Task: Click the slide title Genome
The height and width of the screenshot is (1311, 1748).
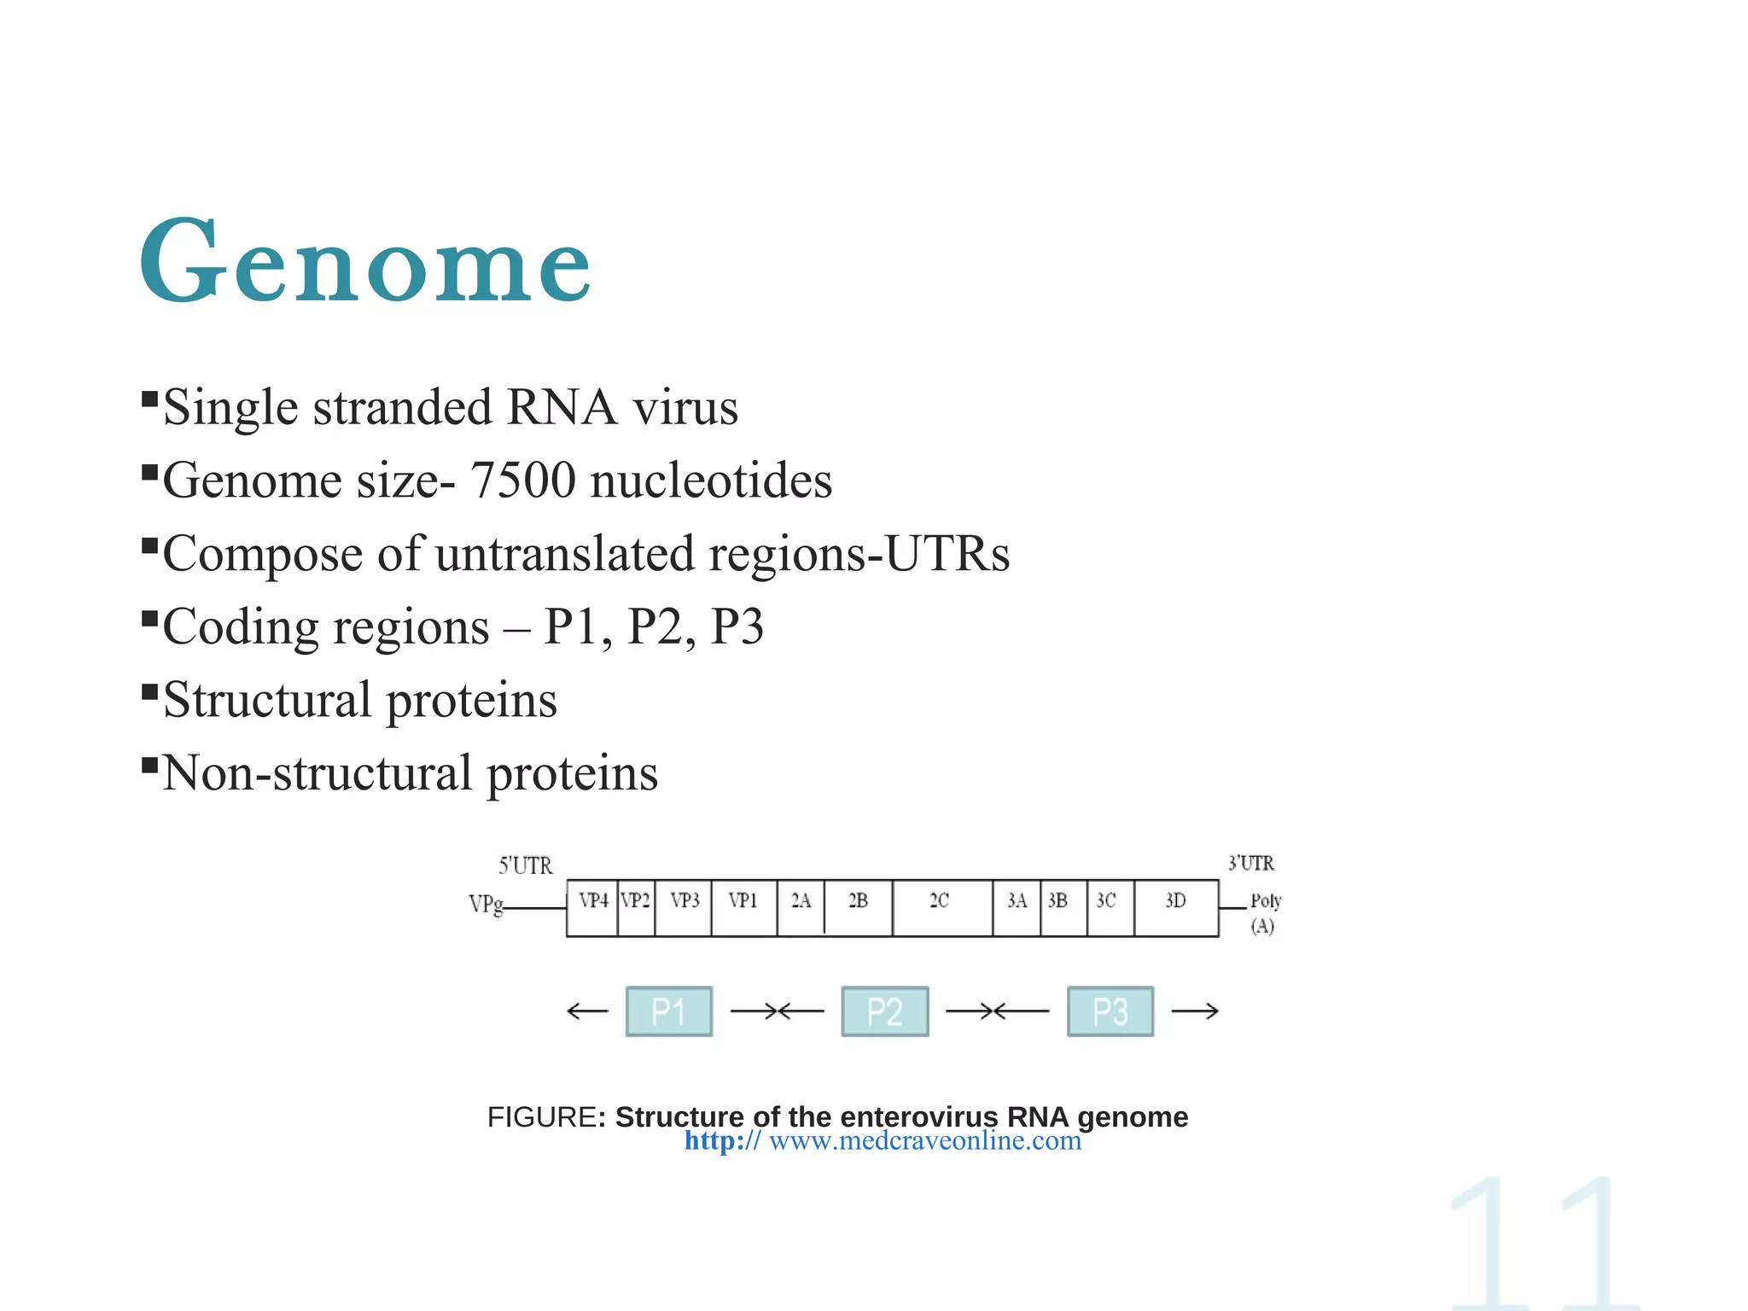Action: pyautogui.click(x=365, y=263)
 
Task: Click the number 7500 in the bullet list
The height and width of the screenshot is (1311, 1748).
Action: pyautogui.click(x=522, y=480)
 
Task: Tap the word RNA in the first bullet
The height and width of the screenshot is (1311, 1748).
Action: pyautogui.click(x=561, y=407)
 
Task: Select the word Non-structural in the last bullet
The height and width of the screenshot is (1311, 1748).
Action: pyautogui.click(x=317, y=773)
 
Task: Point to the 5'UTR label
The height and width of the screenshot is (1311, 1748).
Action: pyautogui.click(x=525, y=865)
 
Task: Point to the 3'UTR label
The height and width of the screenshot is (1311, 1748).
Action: pyautogui.click(x=1250, y=864)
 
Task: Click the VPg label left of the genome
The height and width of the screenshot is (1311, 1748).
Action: pyautogui.click(x=486, y=904)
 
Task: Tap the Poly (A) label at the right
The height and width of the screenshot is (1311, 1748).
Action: pyautogui.click(x=1264, y=912)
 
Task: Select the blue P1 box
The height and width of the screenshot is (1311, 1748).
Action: pyautogui.click(x=668, y=1011)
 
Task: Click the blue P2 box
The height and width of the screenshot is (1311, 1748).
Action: pyautogui.click(x=884, y=1011)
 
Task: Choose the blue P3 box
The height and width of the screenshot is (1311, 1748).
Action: pyautogui.click(x=1110, y=1011)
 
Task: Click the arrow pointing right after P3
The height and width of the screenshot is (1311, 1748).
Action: pyautogui.click(x=1194, y=1011)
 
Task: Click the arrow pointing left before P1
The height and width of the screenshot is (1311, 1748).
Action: pyautogui.click(x=587, y=1011)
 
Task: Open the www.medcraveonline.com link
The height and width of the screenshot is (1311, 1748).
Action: pyautogui.click(x=924, y=1141)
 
